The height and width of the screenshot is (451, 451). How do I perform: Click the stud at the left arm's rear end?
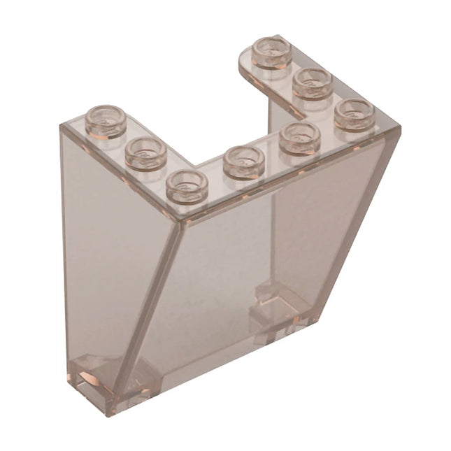pyautogui.click(x=106, y=120)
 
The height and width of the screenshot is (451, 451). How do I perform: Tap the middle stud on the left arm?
pyautogui.click(x=145, y=154)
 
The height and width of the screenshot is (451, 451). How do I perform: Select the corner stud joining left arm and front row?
pyautogui.click(x=187, y=185)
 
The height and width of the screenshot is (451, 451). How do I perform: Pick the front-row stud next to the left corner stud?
pyautogui.click(x=243, y=162)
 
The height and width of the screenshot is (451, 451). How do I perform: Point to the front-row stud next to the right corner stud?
pyautogui.click(x=299, y=137)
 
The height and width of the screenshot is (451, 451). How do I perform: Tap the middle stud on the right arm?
pyautogui.click(x=312, y=83)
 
